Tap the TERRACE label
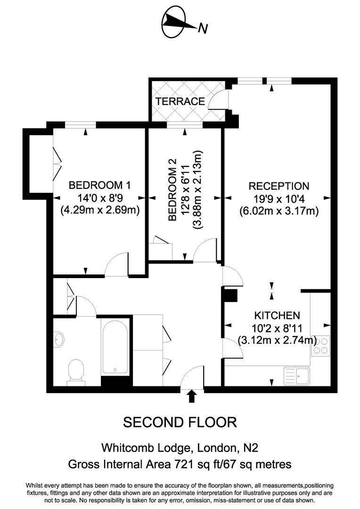(180, 101)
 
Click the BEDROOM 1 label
(99, 185)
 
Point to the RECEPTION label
(279, 186)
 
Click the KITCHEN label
(277, 315)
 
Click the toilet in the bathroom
(76, 371)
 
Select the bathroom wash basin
(59, 339)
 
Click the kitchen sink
(296, 376)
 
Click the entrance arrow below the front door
(191, 396)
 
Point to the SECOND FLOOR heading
(180, 422)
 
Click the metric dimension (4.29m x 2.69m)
(99, 210)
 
